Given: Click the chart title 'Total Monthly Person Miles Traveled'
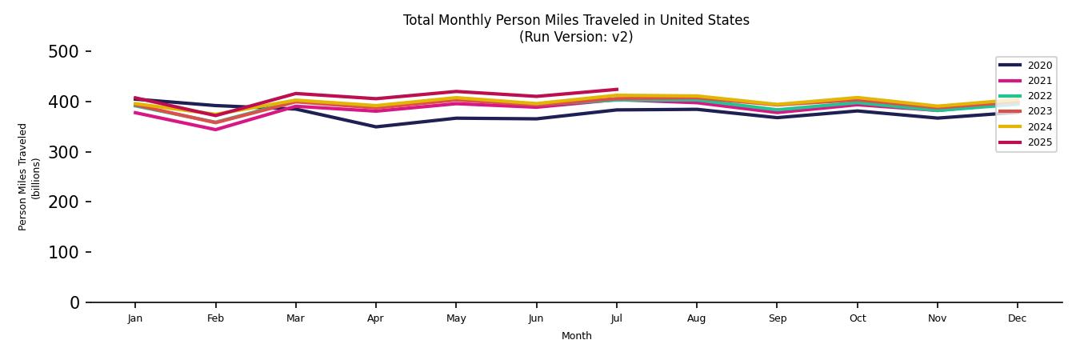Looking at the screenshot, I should tap(576, 20).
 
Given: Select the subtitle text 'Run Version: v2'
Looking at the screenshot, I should tap(576, 37).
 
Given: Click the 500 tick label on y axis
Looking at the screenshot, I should tap(63, 52).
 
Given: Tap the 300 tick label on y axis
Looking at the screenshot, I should tap(63, 152).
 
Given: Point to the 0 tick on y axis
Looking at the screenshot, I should tap(74, 302).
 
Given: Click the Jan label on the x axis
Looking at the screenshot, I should tap(135, 318).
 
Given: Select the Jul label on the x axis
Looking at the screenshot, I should tap(616, 318).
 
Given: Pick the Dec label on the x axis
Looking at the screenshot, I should tap(1017, 318).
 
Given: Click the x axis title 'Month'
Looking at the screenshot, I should tap(576, 336).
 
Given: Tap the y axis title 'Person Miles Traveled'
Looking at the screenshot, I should tap(23, 177).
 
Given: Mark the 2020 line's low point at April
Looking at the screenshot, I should tap(375, 126).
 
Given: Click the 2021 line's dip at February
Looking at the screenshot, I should tap(215, 130).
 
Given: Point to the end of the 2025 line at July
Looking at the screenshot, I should tap(617, 90).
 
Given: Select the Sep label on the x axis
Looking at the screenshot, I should tap(777, 318).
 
